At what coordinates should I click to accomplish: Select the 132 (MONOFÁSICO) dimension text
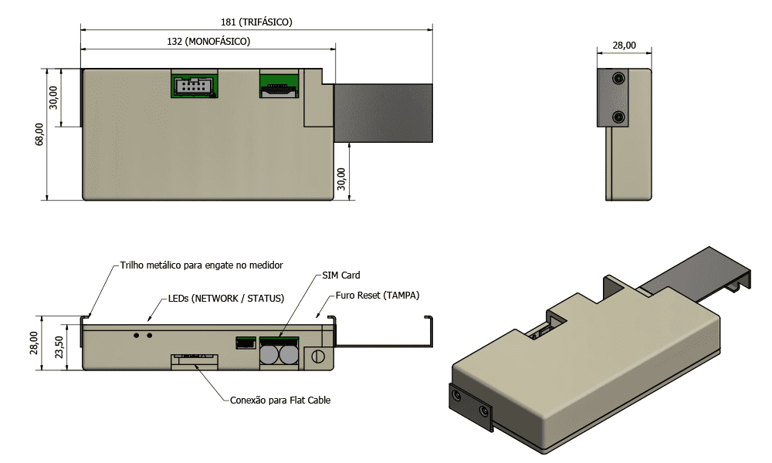208,42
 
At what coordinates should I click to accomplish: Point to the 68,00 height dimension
39,133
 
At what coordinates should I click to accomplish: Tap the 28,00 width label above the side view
624,46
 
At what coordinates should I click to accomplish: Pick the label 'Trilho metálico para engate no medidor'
201,265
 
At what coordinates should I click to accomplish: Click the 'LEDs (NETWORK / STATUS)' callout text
226,299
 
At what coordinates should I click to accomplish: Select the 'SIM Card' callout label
341,275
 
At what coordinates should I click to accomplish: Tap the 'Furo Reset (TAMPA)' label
378,296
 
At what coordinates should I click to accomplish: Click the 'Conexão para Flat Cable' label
280,400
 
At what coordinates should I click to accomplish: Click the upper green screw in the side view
618,79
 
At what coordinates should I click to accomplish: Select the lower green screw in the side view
618,117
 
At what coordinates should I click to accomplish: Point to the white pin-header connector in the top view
194,87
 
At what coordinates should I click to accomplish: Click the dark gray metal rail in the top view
383,113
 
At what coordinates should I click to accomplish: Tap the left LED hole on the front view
137,335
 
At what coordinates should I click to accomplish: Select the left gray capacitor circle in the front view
269,354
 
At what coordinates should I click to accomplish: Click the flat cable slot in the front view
195,359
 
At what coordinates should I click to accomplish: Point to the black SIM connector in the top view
279,90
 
